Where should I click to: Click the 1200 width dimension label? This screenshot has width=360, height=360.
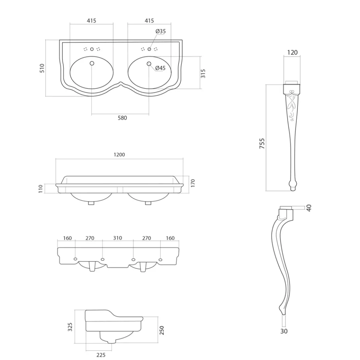point(119,155)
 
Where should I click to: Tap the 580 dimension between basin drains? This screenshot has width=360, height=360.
point(122,118)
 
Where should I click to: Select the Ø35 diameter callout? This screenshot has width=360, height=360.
point(160,31)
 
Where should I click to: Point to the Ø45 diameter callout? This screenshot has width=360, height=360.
point(160,68)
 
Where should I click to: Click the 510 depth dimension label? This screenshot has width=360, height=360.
point(42,68)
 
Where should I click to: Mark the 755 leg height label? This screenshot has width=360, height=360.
point(262,143)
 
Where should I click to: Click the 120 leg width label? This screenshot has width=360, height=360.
point(292,52)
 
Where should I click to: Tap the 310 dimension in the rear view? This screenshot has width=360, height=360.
point(117,238)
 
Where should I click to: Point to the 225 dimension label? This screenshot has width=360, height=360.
point(101,355)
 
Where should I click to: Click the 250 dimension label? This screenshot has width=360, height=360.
point(162,330)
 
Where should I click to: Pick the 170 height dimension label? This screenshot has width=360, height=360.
point(193,182)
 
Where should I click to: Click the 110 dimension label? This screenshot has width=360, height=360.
point(41,188)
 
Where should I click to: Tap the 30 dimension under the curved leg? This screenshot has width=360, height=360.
point(284,331)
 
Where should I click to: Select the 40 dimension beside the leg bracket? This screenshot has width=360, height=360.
point(309,208)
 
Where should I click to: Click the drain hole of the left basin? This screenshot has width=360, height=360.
point(92,64)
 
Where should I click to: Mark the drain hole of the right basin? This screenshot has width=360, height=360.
point(149,64)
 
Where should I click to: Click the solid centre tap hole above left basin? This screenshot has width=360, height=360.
point(92,49)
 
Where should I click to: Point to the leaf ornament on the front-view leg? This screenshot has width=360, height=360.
point(291,105)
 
